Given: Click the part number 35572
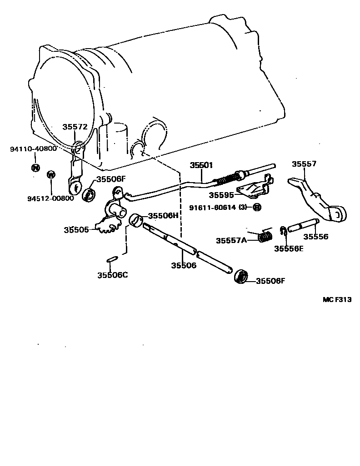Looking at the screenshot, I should [x=75, y=128].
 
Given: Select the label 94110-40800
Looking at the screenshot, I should [x=33, y=149].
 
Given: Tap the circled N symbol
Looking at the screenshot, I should [x=35, y=167].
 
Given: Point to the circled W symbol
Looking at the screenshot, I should [x=51, y=174].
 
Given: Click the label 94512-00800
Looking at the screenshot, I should [x=50, y=198].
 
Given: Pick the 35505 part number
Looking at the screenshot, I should [x=76, y=230].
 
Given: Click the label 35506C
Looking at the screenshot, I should [x=112, y=274].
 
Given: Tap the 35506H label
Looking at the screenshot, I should [x=163, y=216].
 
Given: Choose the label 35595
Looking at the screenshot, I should [x=221, y=195].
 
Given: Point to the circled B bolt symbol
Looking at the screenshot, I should [x=256, y=208].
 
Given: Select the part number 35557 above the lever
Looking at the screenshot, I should [x=304, y=164].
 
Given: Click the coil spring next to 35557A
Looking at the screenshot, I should [x=265, y=237].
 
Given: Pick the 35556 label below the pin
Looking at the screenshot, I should [x=316, y=236].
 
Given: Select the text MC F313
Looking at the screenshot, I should [x=337, y=299].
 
